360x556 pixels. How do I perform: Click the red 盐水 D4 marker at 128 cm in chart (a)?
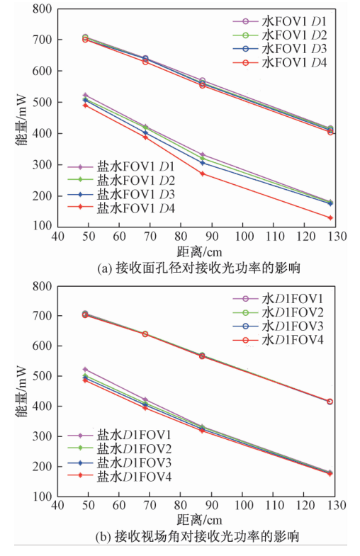(x=330, y=217)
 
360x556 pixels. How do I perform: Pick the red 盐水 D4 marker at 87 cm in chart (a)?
(x=203, y=174)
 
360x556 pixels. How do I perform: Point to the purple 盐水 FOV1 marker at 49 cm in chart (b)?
(x=85, y=369)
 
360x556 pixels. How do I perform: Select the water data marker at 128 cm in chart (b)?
(x=330, y=402)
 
